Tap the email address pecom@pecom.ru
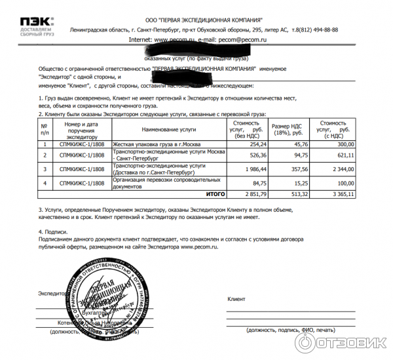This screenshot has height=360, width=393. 246,39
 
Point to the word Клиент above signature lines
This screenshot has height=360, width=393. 236,298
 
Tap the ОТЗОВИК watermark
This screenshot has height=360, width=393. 341,342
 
